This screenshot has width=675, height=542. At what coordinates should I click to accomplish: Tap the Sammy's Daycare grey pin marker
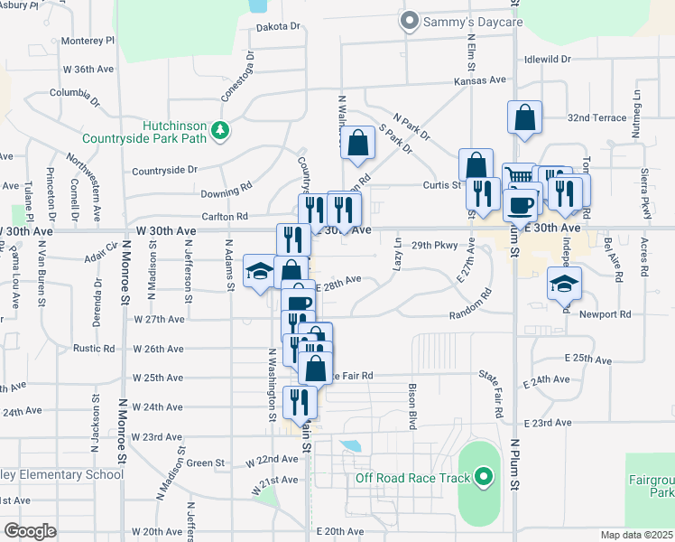click(410, 19)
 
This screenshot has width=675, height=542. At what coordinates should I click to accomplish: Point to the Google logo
click(30, 530)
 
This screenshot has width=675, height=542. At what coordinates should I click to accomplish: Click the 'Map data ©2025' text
click(635, 535)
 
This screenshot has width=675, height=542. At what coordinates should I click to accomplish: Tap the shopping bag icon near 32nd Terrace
click(524, 117)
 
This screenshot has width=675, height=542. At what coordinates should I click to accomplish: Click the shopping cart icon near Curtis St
click(519, 176)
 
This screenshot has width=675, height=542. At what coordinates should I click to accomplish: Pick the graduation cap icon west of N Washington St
click(260, 272)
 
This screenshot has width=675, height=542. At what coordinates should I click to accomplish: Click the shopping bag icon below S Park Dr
click(358, 143)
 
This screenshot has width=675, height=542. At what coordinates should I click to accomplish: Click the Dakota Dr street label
click(278, 27)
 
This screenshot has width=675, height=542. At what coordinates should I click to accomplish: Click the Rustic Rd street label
click(95, 348)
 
